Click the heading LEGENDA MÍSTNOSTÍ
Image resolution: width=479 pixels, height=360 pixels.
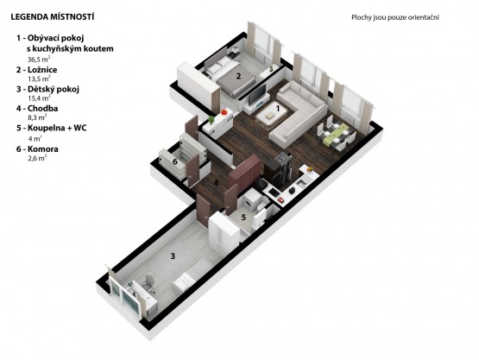(x=53, y=16)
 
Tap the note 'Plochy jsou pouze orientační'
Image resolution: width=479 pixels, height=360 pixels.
(x=395, y=17)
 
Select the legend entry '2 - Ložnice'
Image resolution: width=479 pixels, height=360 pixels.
(x=36, y=70)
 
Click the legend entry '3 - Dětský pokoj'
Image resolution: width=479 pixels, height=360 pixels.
(x=47, y=89)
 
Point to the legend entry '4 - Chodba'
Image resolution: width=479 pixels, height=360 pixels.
(x=37, y=108)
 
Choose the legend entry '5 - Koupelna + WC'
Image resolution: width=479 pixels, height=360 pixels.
(x=51, y=128)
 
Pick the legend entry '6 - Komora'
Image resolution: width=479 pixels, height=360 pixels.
(x=37, y=148)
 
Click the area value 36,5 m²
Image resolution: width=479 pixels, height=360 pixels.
(x=39, y=59)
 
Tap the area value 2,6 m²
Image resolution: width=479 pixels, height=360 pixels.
(x=37, y=158)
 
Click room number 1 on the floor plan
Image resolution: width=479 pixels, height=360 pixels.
(x=278, y=108)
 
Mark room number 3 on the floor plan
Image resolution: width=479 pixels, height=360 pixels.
(x=173, y=256)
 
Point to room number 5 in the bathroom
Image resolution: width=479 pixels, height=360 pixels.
(x=243, y=218)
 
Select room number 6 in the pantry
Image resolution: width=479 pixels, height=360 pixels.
(x=174, y=161)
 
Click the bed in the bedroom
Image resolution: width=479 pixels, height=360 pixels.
(x=230, y=75)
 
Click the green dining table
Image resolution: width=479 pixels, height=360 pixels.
(x=336, y=134)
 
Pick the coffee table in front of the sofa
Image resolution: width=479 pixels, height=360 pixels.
(x=271, y=115)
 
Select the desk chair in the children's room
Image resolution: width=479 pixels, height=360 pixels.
(x=149, y=283)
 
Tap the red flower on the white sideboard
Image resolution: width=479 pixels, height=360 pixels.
(x=224, y=112)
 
